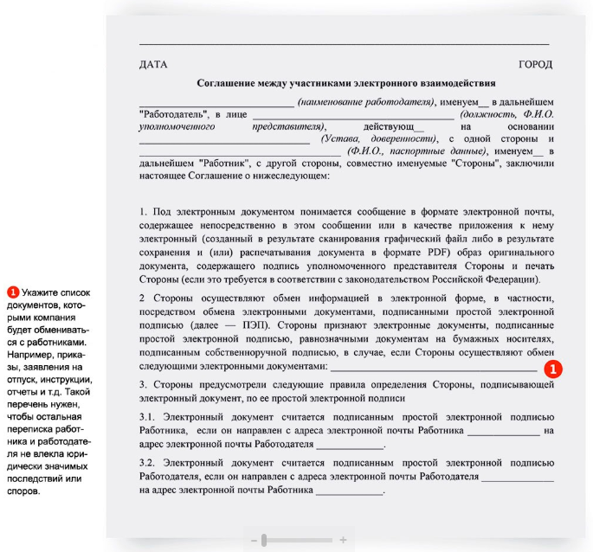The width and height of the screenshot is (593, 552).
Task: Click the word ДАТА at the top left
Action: [153, 65]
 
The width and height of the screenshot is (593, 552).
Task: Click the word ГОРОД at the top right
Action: [535, 65]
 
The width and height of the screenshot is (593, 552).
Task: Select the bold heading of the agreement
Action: [345, 85]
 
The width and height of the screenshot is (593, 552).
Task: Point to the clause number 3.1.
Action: [147, 418]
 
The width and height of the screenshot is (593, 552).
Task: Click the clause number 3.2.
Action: [147, 464]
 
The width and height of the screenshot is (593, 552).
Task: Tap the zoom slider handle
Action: [264, 540]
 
